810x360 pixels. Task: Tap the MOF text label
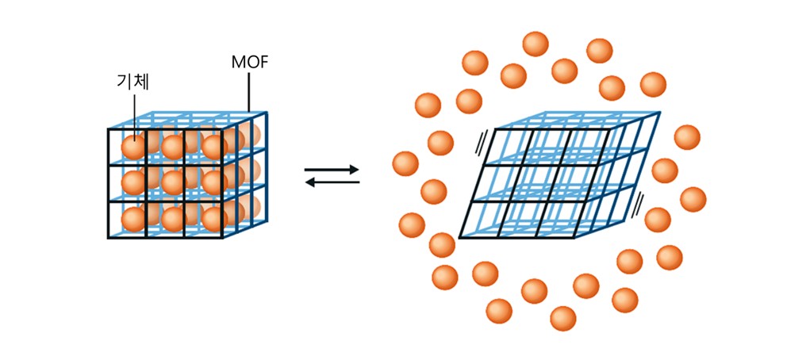248,61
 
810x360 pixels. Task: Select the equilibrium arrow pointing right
332,169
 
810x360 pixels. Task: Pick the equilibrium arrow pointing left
332,182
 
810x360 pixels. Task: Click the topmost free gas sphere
536,44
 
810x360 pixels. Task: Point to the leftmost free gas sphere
405,163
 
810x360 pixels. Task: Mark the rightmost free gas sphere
693,198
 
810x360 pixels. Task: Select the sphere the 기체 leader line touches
133,147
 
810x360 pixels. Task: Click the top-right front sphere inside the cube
213,147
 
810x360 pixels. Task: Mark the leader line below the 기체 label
135,111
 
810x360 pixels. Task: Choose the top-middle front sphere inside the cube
174,147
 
